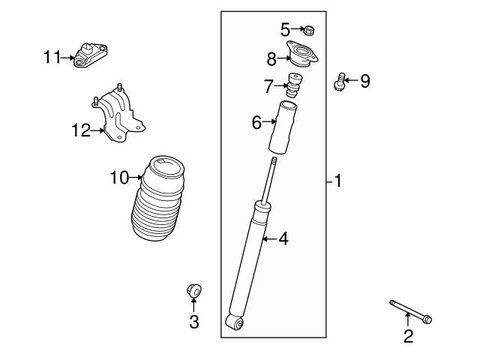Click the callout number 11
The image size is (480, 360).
[51, 56]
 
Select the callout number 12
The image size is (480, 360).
[80, 131]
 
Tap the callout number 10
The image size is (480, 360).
[118, 178]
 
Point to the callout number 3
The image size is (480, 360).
[193, 322]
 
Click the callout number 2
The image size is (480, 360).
[408, 337]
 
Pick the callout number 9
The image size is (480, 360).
[364, 81]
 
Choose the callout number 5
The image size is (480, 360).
[285, 29]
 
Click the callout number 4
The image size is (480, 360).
[283, 239]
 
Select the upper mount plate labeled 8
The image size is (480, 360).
[302, 57]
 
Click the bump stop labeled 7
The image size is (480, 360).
[295, 87]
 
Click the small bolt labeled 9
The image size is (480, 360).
[341, 81]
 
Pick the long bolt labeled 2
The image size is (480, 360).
[410, 311]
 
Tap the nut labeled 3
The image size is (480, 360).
[193, 289]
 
